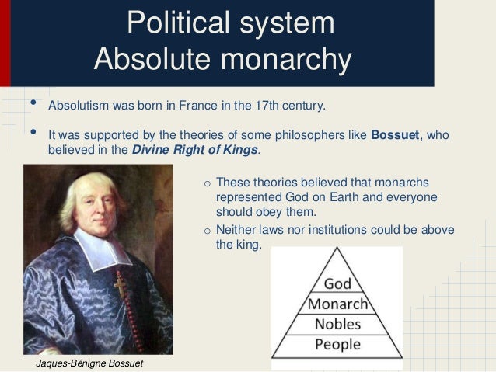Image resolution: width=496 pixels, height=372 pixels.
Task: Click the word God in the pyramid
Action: point(337,283)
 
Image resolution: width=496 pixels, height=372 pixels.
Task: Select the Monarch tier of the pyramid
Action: point(337,303)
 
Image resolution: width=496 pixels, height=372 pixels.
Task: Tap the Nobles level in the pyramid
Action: point(337,323)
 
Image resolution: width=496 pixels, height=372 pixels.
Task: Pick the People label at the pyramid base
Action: point(337,343)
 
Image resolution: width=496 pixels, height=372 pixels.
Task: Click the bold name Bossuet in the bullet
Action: point(395,134)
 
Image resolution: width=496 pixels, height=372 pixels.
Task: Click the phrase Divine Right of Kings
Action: point(194,149)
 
